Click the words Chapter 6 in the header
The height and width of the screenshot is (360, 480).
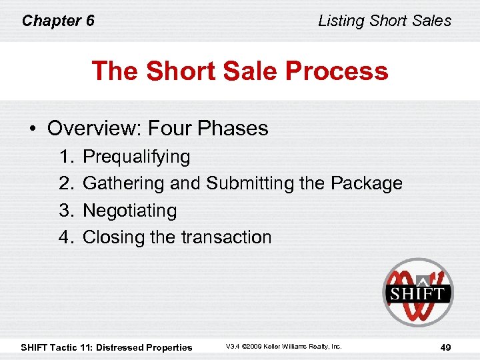(x=58, y=21)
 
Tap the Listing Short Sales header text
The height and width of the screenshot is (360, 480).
(x=385, y=21)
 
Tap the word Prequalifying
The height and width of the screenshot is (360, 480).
(x=137, y=157)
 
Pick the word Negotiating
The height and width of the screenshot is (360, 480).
(x=130, y=211)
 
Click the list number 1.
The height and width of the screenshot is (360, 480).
(x=65, y=157)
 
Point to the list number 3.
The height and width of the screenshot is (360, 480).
(x=65, y=211)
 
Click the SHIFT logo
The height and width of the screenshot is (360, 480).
(x=417, y=293)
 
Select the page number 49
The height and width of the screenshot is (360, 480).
(x=447, y=347)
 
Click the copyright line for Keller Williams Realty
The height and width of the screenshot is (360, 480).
(x=283, y=347)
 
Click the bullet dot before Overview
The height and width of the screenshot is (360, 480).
(x=33, y=129)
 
